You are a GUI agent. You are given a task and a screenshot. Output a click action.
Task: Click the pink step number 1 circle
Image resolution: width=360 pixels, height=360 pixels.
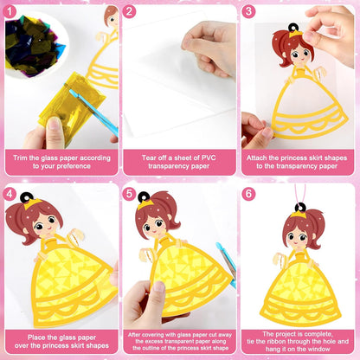pyautogui.click(x=10, y=12)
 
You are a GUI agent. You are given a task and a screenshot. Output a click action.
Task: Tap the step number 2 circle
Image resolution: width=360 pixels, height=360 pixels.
pyautogui.click(x=129, y=12)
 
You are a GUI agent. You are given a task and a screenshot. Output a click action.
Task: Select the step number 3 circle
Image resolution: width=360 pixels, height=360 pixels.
pyautogui.click(x=248, y=12)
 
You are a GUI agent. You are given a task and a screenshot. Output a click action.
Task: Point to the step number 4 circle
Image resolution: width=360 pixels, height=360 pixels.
pyautogui.click(x=10, y=194)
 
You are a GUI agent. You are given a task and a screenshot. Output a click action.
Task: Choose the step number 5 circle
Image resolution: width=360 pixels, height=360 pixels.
pyautogui.click(x=129, y=194)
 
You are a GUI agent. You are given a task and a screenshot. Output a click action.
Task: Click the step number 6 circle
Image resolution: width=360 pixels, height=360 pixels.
pyautogui.click(x=248, y=194)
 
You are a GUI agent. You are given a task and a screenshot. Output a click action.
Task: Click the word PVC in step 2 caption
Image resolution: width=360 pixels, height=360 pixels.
pyautogui.click(x=209, y=157)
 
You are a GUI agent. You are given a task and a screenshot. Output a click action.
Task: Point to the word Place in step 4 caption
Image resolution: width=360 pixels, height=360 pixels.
pyautogui.click(x=36, y=337)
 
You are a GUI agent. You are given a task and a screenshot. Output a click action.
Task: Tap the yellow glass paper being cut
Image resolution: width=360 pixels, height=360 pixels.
pyautogui.click(x=72, y=106)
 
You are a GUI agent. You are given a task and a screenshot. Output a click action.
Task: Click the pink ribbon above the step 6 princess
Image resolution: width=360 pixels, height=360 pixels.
pyautogui.click(x=300, y=194)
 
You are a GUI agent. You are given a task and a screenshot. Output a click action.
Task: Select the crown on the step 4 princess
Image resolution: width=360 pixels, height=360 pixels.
pyautogui.click(x=32, y=204)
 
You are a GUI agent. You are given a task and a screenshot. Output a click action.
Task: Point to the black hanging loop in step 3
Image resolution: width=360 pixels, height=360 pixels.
pyautogui.click(x=292, y=28)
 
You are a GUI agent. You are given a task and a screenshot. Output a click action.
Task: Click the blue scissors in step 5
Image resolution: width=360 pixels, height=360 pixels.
pyautogui.click(x=227, y=264)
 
